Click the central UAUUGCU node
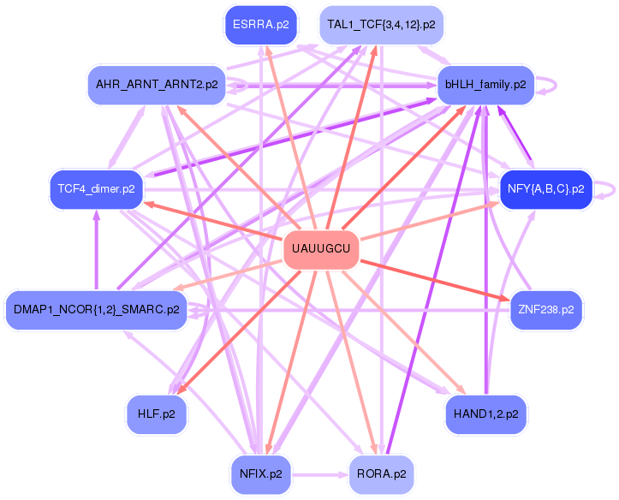321,248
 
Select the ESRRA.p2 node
260,25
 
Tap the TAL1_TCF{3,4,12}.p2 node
381,25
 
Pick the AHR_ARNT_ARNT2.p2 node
157,85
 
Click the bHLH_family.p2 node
485,85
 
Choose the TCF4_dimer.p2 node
97,188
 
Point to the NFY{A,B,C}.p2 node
546,188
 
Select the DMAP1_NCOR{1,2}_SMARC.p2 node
97,309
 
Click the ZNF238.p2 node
546,309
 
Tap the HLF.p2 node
157,414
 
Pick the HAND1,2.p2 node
485,414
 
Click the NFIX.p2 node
260,474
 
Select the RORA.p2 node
381,474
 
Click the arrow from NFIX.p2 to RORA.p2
320,474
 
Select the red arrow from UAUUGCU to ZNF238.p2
434,280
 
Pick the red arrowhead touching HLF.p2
181,389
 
